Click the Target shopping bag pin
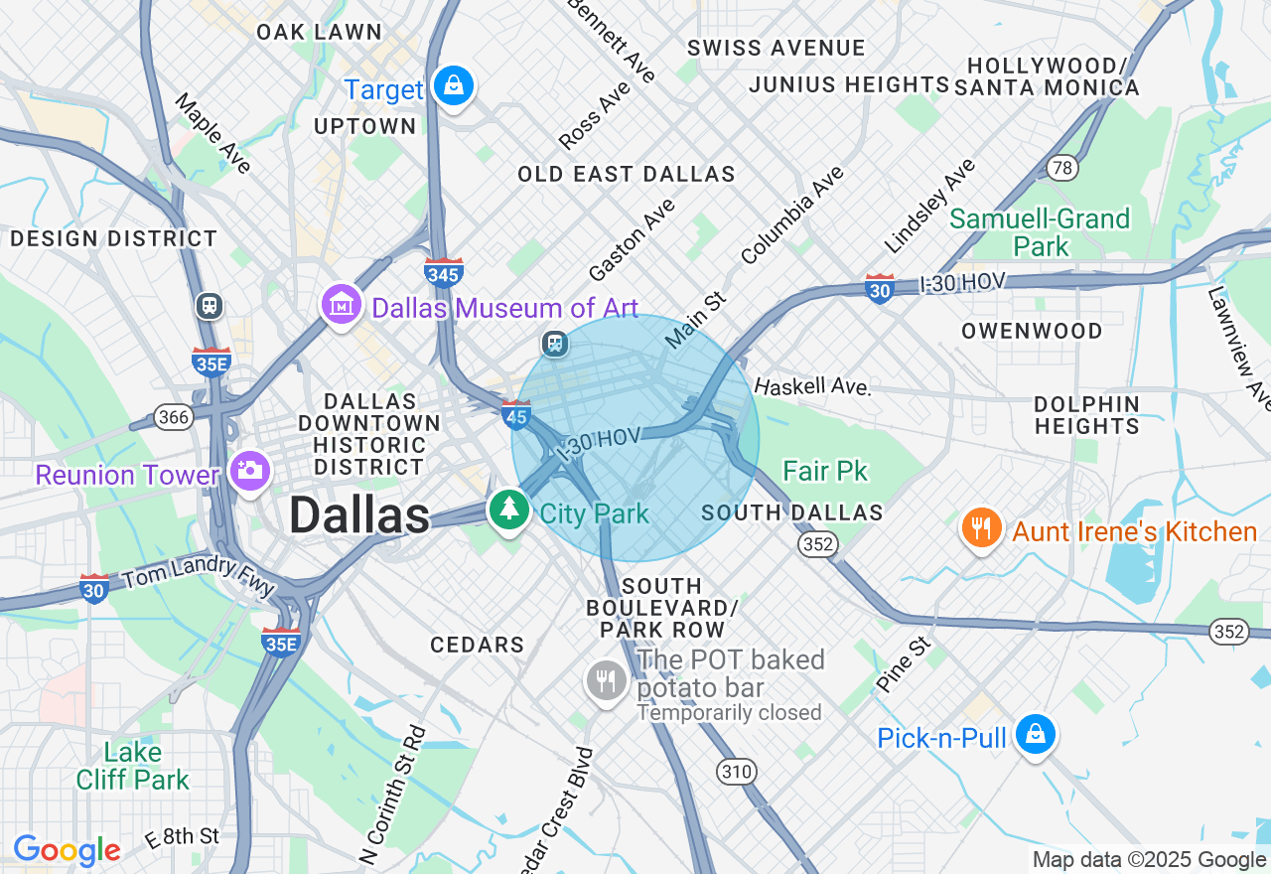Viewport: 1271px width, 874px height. tap(454, 86)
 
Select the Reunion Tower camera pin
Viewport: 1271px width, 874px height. tap(248, 470)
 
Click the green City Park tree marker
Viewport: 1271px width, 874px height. tap(509, 508)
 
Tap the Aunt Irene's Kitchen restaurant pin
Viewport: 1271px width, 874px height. tap(981, 527)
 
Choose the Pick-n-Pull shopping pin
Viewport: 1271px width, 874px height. tap(1035, 735)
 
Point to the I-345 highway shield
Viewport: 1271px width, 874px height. tap(443, 271)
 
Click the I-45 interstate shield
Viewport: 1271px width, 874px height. tap(516, 413)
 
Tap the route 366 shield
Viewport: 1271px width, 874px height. tap(174, 417)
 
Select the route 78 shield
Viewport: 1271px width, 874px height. tap(1062, 168)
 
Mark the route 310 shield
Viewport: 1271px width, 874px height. tap(737, 772)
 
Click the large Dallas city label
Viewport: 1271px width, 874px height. tap(359, 515)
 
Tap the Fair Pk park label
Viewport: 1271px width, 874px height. tap(825, 471)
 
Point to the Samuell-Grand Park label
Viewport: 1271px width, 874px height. tap(1041, 232)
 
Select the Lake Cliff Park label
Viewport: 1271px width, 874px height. tap(133, 766)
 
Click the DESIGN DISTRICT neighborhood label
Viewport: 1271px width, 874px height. tap(113, 238)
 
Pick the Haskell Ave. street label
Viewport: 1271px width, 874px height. tap(811, 386)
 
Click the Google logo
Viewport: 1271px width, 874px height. tap(67, 850)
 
